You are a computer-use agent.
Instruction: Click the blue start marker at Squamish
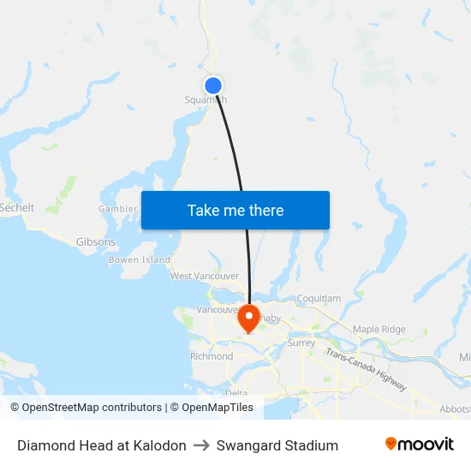(213, 85)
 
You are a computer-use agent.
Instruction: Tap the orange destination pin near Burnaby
(249, 317)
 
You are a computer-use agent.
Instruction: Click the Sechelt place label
(16, 208)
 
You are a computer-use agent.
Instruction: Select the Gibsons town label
(95, 242)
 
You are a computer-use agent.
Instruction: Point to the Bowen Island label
(140, 259)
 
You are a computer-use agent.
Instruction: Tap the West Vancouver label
(205, 276)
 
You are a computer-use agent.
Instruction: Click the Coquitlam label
(319, 298)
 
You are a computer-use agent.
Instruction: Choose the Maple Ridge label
(379, 329)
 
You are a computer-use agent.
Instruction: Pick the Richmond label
(212, 356)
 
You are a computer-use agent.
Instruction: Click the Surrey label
(301, 343)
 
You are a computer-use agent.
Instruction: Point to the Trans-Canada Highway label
(366, 370)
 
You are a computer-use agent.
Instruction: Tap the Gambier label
(118, 209)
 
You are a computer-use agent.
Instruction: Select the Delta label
(236, 393)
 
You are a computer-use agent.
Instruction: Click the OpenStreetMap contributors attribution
(86, 408)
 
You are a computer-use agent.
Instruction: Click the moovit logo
(420, 444)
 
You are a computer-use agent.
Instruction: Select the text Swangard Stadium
(277, 445)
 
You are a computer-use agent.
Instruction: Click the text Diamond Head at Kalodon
(102, 445)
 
